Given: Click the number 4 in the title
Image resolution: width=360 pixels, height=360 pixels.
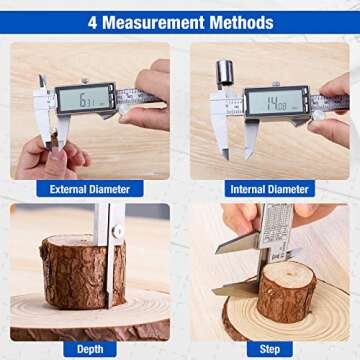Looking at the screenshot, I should pos(93,22).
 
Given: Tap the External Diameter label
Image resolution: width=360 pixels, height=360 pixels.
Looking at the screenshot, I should pos(90,188).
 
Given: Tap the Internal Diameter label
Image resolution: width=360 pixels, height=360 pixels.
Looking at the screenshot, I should pos(269,188).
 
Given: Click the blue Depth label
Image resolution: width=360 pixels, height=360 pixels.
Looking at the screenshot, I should pos(90,349).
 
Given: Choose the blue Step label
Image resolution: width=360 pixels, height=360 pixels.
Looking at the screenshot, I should pos(269,349).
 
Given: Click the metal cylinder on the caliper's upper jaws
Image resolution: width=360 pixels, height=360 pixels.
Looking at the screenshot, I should pos(225,72).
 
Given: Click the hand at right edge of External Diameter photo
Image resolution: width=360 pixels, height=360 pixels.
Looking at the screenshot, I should pos(152,95).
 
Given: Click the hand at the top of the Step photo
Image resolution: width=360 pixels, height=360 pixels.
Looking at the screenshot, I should pos(243,215).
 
